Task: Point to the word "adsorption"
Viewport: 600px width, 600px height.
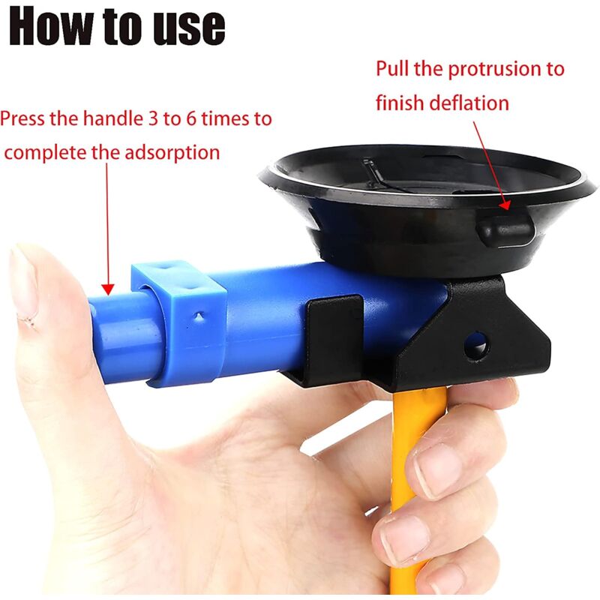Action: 172,153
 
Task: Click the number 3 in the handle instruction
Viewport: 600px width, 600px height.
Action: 153,118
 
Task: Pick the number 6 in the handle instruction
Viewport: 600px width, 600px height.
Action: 192,118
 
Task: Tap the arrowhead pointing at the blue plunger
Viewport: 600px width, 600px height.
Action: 108,289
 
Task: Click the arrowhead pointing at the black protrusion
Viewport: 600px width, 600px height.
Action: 505,205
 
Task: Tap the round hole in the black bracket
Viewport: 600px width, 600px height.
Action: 476,346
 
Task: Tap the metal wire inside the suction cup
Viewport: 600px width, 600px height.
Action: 382,178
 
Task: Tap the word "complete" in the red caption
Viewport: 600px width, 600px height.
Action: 46,153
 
